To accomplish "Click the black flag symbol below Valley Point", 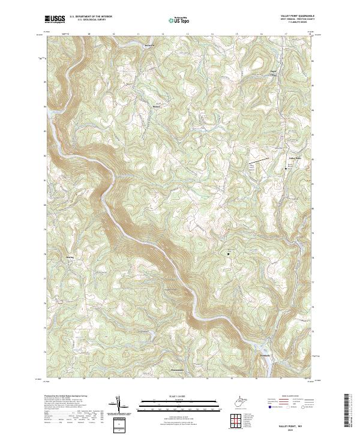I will (x=286, y=169).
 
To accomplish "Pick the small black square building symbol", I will (x=228, y=254).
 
